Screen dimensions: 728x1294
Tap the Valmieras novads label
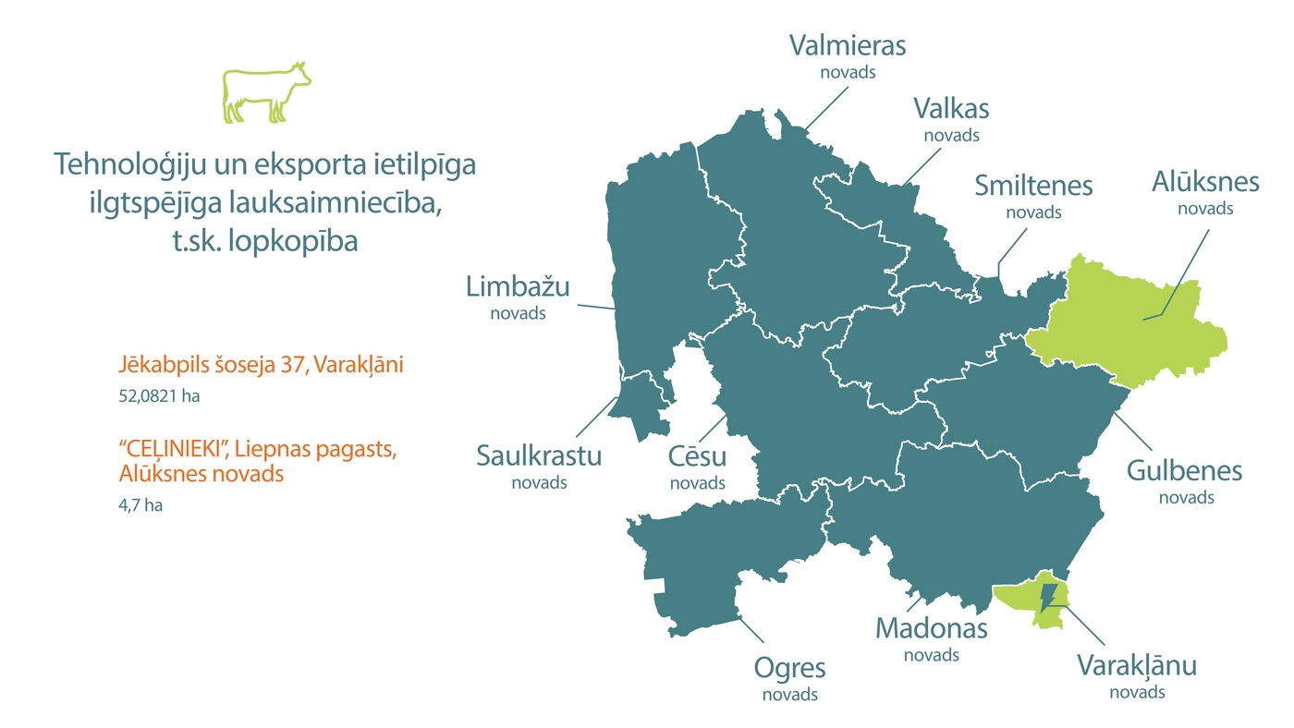(x=848, y=55)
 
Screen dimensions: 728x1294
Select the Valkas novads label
(x=951, y=118)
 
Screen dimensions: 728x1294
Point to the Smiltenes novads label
(x=1033, y=195)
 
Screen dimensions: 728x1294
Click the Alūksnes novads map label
(x=1205, y=191)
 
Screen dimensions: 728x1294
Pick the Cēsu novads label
(x=697, y=466)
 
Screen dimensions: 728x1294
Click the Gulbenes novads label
(x=1185, y=480)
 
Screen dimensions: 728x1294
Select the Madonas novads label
(x=931, y=637)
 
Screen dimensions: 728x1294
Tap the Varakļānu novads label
(x=1137, y=674)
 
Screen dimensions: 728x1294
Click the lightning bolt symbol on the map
(x=1048, y=597)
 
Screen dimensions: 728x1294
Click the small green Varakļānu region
(x=1021, y=599)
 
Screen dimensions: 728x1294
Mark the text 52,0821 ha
(x=159, y=396)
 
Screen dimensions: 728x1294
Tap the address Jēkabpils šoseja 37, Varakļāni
(x=261, y=365)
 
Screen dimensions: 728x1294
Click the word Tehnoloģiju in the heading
(x=123, y=165)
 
